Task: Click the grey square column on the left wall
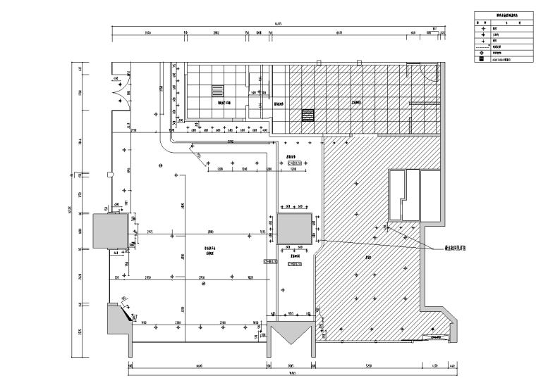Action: [108, 231]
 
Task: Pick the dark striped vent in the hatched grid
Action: [307, 115]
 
